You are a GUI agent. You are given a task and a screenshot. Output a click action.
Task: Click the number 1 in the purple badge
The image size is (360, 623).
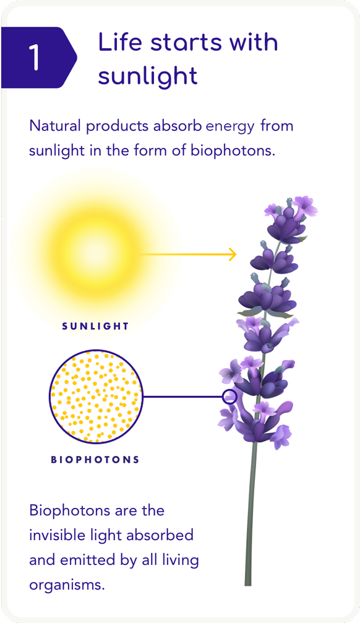[x=35, y=58]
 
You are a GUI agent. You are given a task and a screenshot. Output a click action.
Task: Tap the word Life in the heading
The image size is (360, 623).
[x=119, y=41]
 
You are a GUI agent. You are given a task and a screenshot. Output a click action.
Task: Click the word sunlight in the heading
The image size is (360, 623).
[x=148, y=76]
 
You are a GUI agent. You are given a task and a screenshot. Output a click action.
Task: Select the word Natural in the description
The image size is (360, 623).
[x=56, y=126]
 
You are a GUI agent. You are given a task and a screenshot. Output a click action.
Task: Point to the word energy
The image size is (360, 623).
[x=230, y=127]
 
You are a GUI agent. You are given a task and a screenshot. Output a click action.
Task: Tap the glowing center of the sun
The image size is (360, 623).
[x=96, y=254]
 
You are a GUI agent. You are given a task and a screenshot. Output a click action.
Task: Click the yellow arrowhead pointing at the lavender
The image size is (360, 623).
[x=233, y=254]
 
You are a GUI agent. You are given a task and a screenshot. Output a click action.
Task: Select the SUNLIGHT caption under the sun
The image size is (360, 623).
[x=95, y=326]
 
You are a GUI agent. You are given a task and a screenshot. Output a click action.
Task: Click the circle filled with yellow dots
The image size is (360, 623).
[x=96, y=397]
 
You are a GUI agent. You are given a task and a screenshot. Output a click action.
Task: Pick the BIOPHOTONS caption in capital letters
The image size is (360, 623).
[x=95, y=460]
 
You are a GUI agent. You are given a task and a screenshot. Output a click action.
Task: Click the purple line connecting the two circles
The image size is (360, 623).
[x=182, y=397]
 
